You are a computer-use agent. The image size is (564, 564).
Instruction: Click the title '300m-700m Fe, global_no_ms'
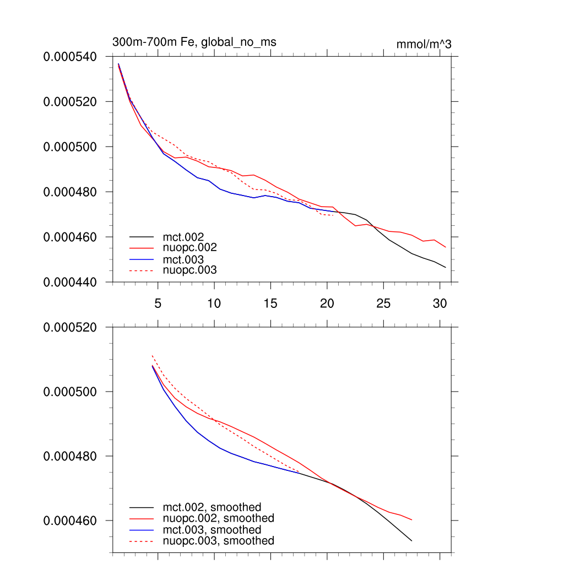(194, 42)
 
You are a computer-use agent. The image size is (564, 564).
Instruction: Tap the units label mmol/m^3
(424, 44)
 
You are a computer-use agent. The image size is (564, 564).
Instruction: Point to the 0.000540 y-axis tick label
(70, 57)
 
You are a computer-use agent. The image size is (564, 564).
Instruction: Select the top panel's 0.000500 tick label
(70, 147)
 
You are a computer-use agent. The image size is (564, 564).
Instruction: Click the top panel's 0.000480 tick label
(70, 192)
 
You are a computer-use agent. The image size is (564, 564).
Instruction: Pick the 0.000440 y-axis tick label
(70, 283)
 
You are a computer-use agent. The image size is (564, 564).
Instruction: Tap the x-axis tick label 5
(158, 303)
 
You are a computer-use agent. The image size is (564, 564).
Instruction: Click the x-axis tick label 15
(270, 303)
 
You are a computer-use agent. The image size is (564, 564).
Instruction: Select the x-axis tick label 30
(440, 303)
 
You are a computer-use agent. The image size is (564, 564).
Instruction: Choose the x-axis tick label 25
(383, 303)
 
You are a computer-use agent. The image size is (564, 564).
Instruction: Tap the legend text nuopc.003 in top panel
(190, 270)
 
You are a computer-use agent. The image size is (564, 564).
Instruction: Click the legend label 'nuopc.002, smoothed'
(219, 518)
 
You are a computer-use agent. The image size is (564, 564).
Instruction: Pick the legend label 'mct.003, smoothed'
(212, 530)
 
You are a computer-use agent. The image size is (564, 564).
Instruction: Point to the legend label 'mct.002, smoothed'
(212, 507)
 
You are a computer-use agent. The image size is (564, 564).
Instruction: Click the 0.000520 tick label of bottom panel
(70, 327)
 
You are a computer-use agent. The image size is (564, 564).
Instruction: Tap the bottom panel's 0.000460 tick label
(70, 521)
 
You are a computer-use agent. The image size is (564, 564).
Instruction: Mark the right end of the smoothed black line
(411, 541)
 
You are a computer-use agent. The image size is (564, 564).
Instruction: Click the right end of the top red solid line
(446, 247)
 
